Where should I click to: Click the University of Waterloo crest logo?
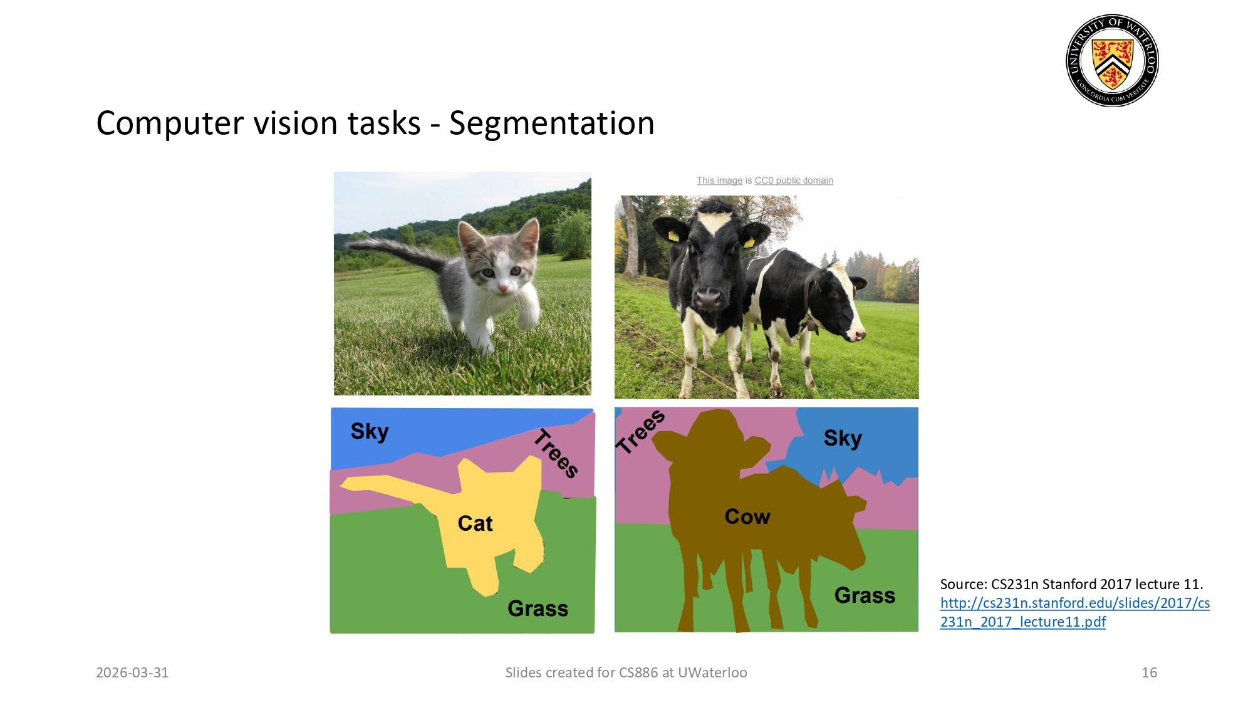[x=1112, y=60]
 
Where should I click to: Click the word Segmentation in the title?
[x=551, y=123]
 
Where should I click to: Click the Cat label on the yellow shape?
[x=475, y=523]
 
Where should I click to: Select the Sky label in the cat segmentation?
[x=370, y=431]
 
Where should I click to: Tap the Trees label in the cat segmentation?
[x=556, y=454]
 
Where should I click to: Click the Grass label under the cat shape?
[x=538, y=608]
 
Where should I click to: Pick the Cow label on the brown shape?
[x=747, y=516]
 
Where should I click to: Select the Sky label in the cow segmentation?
[x=843, y=438]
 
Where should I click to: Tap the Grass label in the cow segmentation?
[x=865, y=595]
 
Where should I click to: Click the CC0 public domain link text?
[x=793, y=180]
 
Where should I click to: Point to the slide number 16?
[x=1149, y=672]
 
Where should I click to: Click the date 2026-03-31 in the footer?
[x=132, y=672]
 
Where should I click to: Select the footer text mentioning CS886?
[x=626, y=672]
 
